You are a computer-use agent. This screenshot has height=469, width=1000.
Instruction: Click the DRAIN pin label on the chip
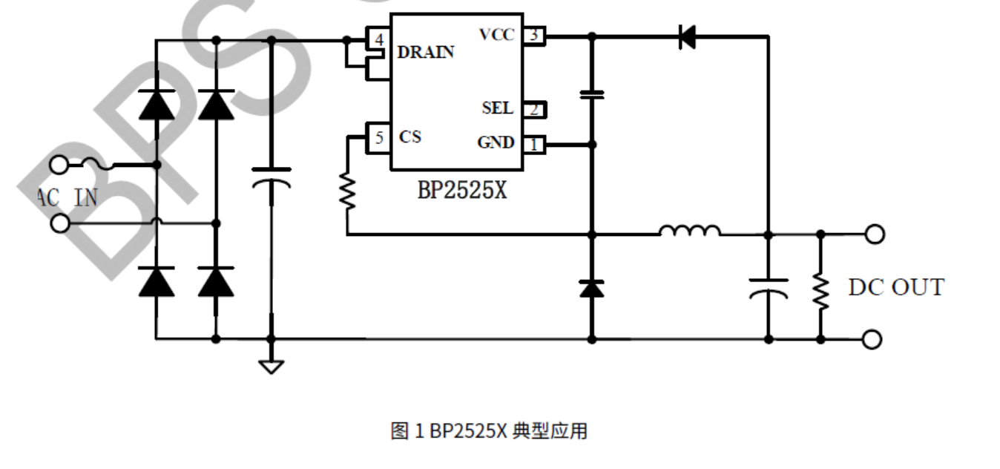coord(425,53)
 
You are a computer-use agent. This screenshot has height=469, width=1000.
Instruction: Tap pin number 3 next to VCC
coord(533,34)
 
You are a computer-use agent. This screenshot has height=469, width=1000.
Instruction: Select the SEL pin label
coord(497,108)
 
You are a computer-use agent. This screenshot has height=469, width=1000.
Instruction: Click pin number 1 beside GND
coord(533,145)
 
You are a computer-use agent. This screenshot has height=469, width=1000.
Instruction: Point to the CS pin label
coord(409,137)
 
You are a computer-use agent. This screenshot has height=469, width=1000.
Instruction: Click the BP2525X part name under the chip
coord(461,190)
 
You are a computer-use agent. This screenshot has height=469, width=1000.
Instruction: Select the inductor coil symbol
coord(689,232)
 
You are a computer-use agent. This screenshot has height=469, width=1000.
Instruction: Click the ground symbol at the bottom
coord(271,366)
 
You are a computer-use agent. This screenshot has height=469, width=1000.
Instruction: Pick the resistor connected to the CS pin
coord(346,191)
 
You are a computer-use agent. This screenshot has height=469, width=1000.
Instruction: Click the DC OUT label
coord(896,287)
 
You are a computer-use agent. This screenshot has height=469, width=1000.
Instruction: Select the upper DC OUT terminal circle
coord(875,234)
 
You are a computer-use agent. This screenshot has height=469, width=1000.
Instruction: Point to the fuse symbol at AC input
coord(101,164)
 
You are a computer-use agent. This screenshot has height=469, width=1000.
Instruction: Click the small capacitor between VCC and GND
coord(591,94)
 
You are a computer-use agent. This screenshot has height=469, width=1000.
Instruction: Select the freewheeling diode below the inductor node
coord(591,288)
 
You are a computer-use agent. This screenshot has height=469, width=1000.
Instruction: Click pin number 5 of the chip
coord(379,137)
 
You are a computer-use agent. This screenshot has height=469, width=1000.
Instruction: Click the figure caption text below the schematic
coord(489,431)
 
